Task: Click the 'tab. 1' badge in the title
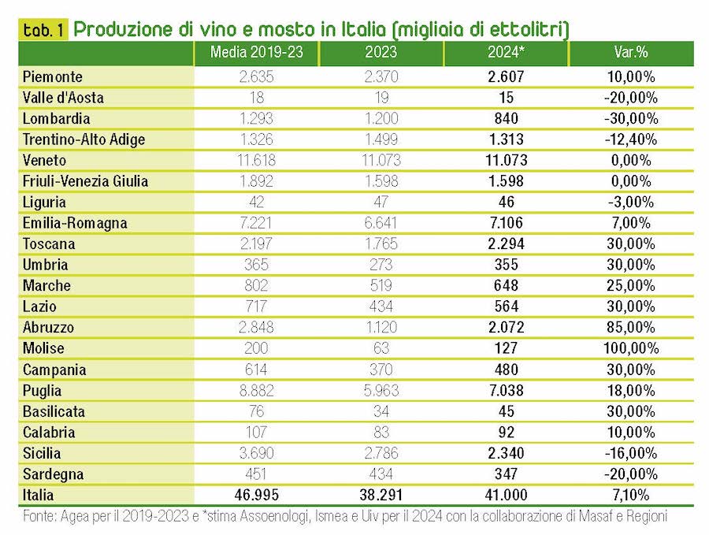click(44, 30)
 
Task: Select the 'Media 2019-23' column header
click(256, 54)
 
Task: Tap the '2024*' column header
click(506, 54)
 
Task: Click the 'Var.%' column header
click(630, 54)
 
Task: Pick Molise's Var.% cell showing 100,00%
click(629, 348)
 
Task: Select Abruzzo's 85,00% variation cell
click(629, 327)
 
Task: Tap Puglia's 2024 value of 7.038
click(506, 390)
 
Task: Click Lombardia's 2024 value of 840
click(506, 119)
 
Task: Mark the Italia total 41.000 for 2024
click(506, 495)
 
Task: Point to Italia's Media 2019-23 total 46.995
click(256, 495)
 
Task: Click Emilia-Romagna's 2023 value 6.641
click(381, 223)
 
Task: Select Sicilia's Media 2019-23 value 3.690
click(256, 453)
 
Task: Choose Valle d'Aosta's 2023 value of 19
click(381, 98)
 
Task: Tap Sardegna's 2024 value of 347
click(506, 474)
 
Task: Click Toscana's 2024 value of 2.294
click(506, 243)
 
